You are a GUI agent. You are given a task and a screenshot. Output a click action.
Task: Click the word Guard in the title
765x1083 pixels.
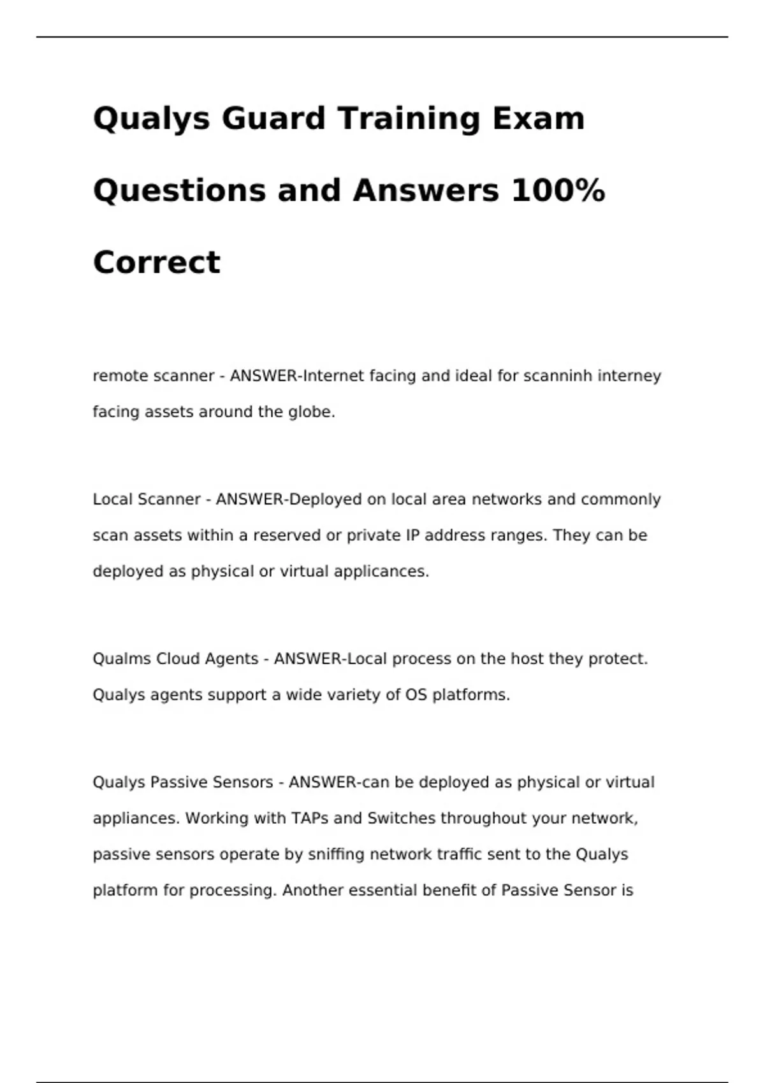click(273, 118)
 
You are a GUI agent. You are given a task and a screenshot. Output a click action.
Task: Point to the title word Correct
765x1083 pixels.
click(157, 262)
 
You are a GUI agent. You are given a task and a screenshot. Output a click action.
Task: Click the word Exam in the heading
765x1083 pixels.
click(538, 118)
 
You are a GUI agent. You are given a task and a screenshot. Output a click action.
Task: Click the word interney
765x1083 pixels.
click(629, 376)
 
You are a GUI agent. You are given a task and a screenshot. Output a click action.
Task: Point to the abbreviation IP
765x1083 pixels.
click(412, 535)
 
